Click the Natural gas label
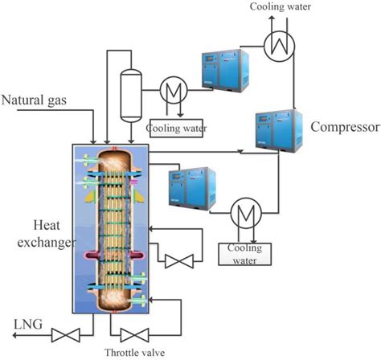click(34, 100)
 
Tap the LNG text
click(28, 324)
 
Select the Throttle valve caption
click(134, 352)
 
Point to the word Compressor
click(346, 127)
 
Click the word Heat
click(47, 225)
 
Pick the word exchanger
click(47, 243)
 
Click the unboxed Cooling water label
click(281, 6)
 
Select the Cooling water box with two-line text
click(245, 254)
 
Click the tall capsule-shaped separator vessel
click(131, 96)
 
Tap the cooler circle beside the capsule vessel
click(174, 90)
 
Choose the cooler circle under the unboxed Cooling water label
click(280, 46)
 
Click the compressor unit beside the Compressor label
click(279, 130)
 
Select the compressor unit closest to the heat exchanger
click(192, 188)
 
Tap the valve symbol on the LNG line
click(65, 335)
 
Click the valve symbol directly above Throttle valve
click(134, 335)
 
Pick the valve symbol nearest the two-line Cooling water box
click(179, 261)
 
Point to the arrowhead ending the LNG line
click(15, 335)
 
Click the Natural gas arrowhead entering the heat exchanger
click(93, 141)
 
